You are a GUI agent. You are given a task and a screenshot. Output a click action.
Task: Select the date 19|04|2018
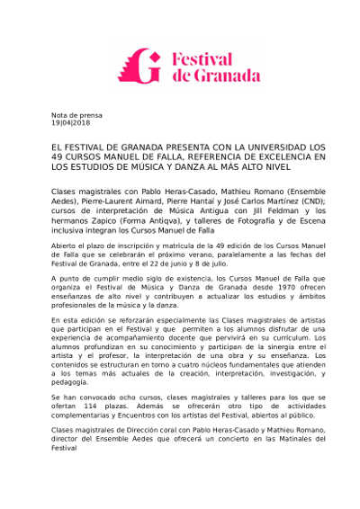(x=70, y=123)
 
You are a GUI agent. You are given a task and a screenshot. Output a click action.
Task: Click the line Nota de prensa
(x=76, y=115)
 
